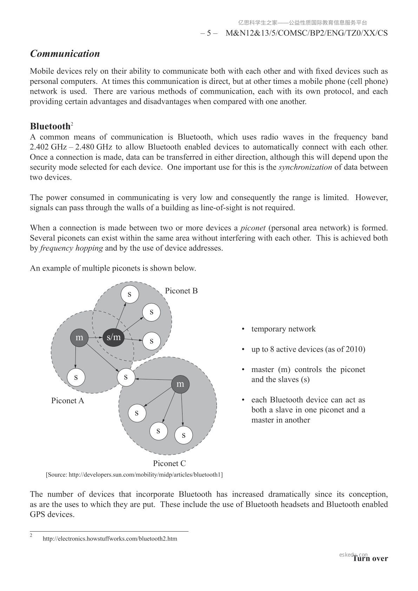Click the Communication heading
coord(65,54)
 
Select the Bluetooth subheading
coord(50,126)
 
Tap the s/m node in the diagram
coord(113,338)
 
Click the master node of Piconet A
coord(79,338)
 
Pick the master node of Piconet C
coord(180,384)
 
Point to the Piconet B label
coord(181,291)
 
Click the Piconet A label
coord(67,401)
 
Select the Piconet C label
coord(169,464)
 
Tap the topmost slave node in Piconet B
coord(130,294)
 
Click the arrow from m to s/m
coord(95,338)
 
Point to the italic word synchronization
coord(305,167)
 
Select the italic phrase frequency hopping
coord(71,248)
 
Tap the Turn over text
coord(371,559)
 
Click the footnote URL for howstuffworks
coord(110,539)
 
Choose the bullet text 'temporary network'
coord(283,329)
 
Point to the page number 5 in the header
coord(209,33)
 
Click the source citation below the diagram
coord(134,475)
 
